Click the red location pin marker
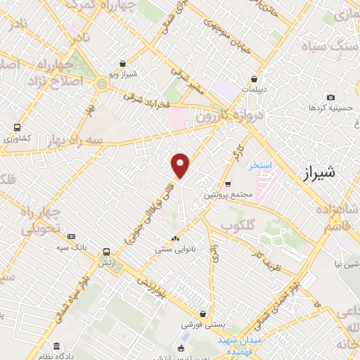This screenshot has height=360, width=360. [181, 165]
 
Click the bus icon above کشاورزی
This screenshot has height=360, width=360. [16, 128]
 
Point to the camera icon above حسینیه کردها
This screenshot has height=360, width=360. [330, 98]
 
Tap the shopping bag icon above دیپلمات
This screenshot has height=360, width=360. [254, 79]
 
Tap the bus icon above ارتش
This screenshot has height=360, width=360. [106, 252]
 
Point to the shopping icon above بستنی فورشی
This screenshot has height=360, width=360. [203, 314]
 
